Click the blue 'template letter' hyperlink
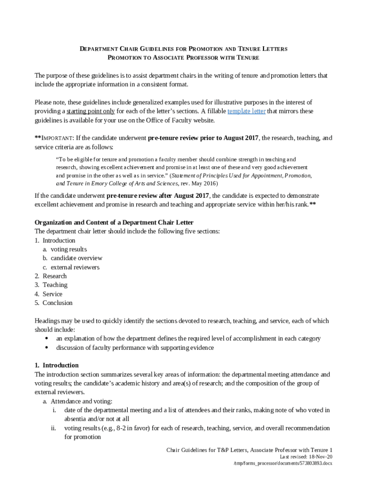click(x=246, y=112)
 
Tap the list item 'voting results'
click(x=69, y=249)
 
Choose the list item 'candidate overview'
click(x=76, y=258)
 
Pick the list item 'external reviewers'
click(x=75, y=267)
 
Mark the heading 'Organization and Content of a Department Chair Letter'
click(x=114, y=223)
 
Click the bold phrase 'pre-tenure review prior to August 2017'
click(x=203, y=138)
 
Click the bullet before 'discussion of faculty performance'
click(x=46, y=347)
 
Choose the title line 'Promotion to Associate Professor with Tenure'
click(x=183, y=58)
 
